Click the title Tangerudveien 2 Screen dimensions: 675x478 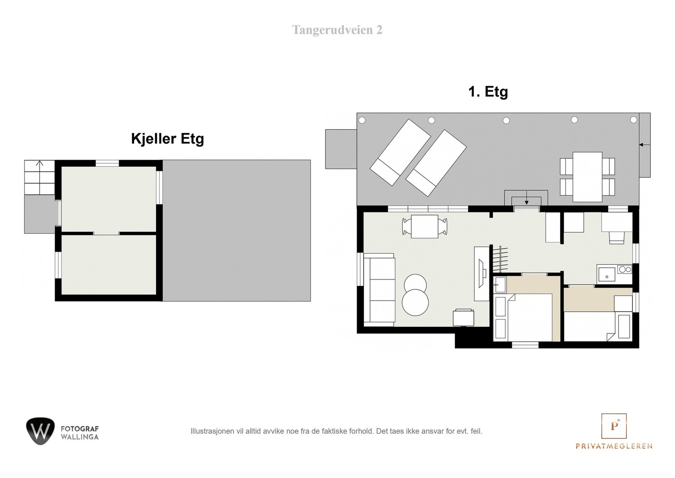point(337,30)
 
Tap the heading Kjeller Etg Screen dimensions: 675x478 point(167,139)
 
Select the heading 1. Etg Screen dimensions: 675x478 point(488,92)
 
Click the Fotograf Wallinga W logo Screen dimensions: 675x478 point(40,431)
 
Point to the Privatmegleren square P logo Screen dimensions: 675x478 point(614,426)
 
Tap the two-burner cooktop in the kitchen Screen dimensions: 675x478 point(624,269)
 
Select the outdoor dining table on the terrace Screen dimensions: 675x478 point(587,177)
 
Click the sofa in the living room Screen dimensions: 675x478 point(379,290)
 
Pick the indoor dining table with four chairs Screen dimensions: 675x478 point(424,226)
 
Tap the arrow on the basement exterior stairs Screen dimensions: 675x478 point(40,163)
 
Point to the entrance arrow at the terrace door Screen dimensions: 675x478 point(526,202)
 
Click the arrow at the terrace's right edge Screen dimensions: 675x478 point(645,145)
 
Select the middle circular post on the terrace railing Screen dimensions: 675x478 point(506,121)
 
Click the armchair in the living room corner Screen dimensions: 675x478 point(464,318)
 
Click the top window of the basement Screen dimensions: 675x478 point(107,163)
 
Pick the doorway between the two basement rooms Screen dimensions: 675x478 point(106,234)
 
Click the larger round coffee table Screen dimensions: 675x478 point(415,302)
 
